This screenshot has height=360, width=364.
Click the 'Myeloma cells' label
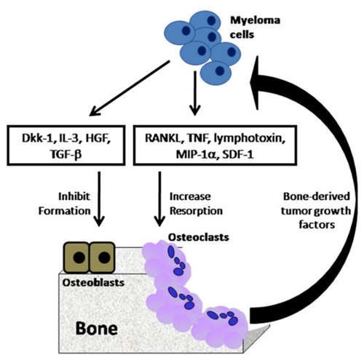click(255, 28)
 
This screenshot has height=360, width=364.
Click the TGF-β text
click(66, 154)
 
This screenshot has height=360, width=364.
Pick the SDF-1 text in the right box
click(237, 154)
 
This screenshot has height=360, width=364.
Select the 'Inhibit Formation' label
click(65, 204)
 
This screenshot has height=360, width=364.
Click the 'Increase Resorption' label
click(196, 204)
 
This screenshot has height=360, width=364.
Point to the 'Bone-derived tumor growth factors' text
click(317, 210)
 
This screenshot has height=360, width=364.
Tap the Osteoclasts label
click(199, 237)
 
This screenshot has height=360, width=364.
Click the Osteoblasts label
click(93, 282)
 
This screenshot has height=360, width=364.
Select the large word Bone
click(97, 328)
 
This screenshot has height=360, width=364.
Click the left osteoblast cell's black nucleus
click(79, 257)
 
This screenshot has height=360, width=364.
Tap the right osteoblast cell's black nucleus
click(104, 257)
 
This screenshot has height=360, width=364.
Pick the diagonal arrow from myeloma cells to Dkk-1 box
click(130, 89)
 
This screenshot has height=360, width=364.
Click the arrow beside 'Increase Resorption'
click(159, 199)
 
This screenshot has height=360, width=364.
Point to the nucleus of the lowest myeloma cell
click(220, 71)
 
